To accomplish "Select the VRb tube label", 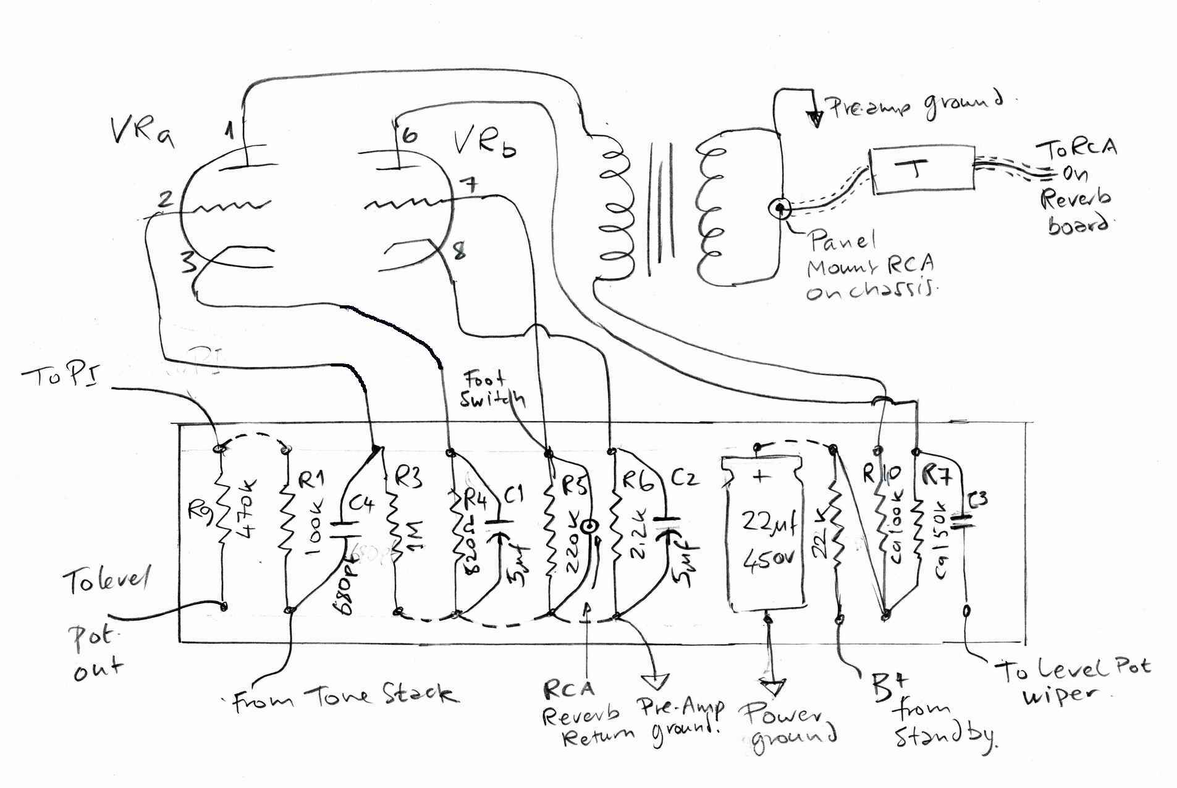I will pyautogui.click(x=485, y=143).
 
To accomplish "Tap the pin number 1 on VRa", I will pyautogui.click(x=229, y=130).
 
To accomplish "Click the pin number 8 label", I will pyautogui.click(x=459, y=252).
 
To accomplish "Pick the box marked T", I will pyautogui.click(x=922, y=170).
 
